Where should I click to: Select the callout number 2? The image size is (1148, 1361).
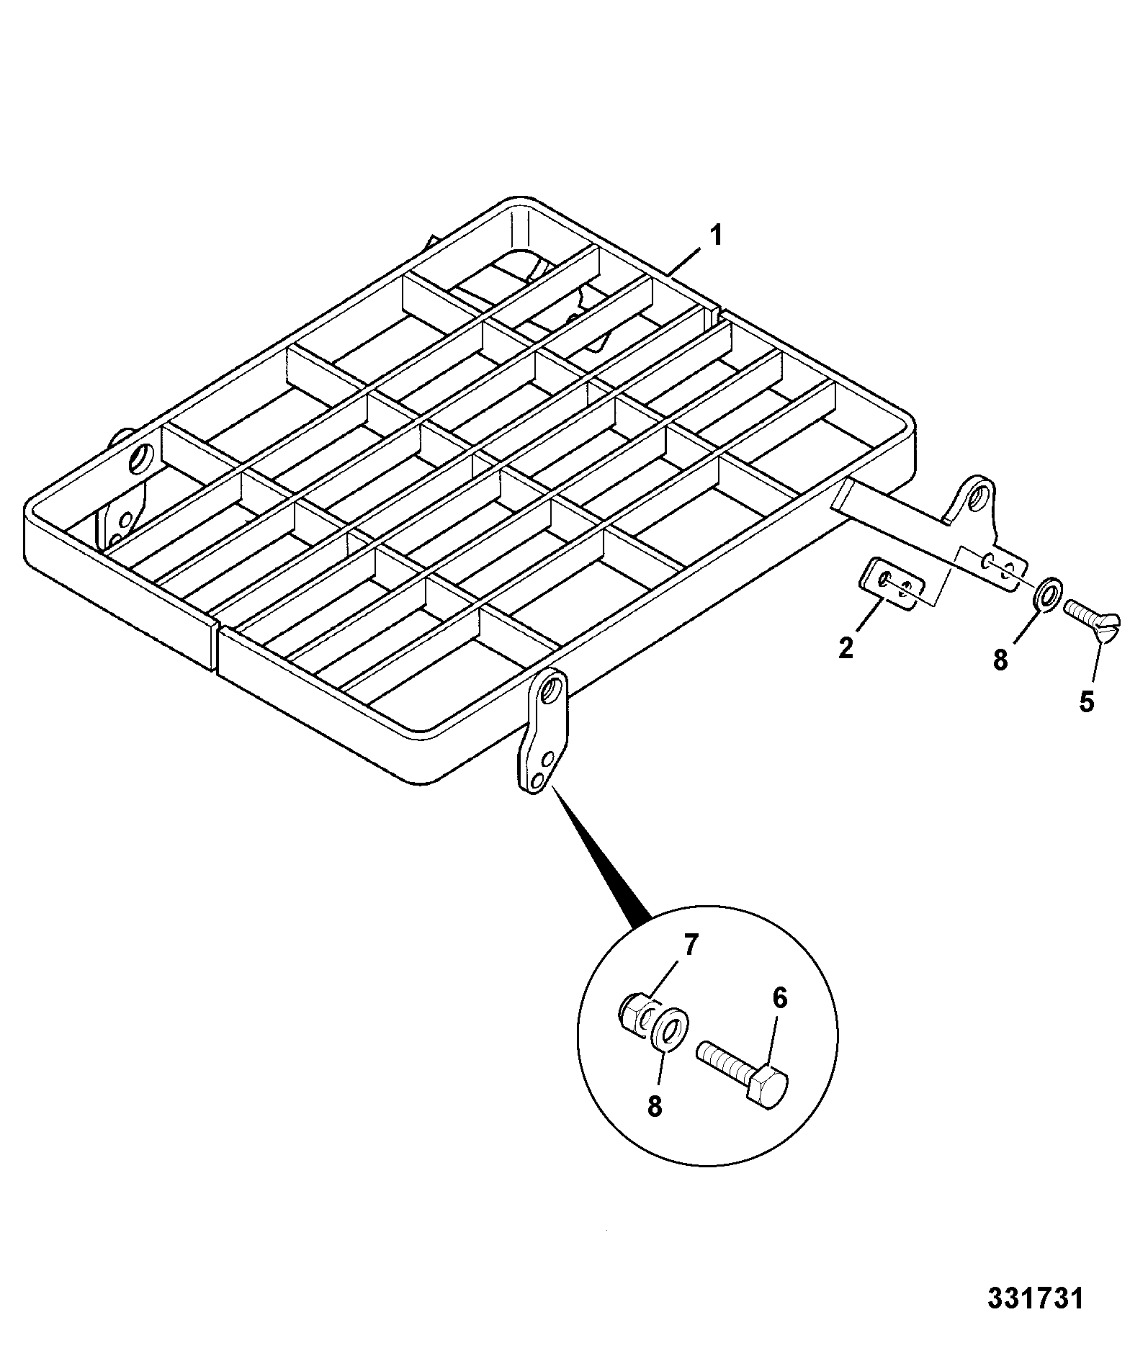[846, 647]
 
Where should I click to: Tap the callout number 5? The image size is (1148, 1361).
[1087, 701]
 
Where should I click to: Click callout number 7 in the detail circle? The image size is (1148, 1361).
[691, 945]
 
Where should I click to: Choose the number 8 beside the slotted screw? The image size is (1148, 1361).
[1000, 660]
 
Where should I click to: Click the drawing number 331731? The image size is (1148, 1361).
[1035, 1299]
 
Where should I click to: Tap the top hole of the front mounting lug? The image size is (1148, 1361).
[552, 686]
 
